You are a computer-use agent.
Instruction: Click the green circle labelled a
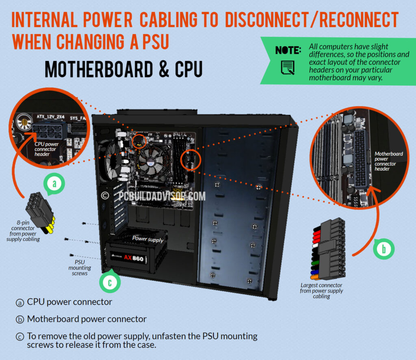(54, 184)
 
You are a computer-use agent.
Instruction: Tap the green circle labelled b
(383, 249)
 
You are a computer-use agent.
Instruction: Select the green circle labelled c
(110, 282)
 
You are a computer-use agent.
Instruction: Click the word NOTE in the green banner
(288, 50)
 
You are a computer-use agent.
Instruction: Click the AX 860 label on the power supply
(134, 258)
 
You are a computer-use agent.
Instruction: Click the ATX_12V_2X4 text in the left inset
(50, 116)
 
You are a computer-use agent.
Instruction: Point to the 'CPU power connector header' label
(46, 149)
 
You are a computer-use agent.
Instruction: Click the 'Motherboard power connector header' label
(388, 161)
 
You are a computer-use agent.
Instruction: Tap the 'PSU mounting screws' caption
(80, 268)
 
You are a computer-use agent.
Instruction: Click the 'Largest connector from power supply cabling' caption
(321, 291)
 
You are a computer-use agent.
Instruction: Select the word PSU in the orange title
(156, 42)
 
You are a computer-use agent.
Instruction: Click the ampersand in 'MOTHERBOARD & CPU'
(164, 69)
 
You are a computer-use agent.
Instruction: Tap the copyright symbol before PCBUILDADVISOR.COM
(105, 196)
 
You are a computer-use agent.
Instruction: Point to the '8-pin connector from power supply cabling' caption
(23, 231)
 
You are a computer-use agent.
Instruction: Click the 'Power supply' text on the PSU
(147, 239)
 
